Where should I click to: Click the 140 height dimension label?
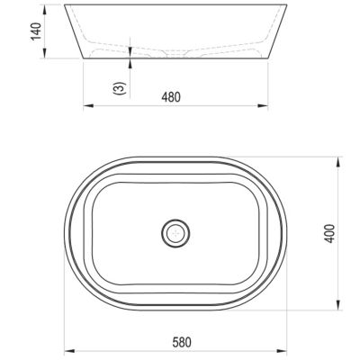(x=36, y=31)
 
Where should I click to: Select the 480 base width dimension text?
(x=171, y=97)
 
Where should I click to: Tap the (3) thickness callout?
(x=120, y=88)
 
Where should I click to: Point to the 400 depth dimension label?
(x=329, y=233)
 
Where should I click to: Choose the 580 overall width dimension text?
(x=182, y=342)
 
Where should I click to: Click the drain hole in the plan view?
(x=175, y=233)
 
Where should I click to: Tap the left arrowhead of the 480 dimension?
(x=88, y=105)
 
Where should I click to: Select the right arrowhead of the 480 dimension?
(x=263, y=105)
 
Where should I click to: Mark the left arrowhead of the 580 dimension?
(x=69, y=351)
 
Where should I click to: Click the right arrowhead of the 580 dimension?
(x=282, y=351)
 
